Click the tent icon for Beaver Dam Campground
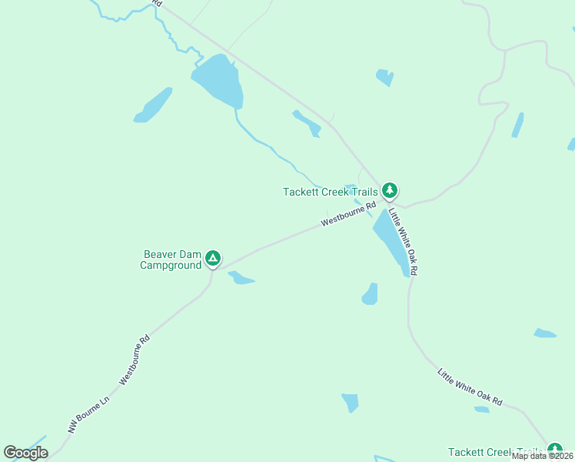(213, 259)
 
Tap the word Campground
(170, 266)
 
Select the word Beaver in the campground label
(161, 254)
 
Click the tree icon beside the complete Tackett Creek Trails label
(390, 189)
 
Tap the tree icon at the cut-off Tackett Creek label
(554, 450)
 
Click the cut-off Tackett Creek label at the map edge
(496, 453)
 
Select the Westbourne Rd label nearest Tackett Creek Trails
(348, 214)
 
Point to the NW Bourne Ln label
(89, 413)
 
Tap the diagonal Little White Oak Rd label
(470, 387)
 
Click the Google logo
(25, 453)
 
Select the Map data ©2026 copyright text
(541, 456)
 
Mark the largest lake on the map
(218, 82)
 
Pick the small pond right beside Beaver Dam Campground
(241, 277)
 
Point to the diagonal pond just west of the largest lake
(154, 105)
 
